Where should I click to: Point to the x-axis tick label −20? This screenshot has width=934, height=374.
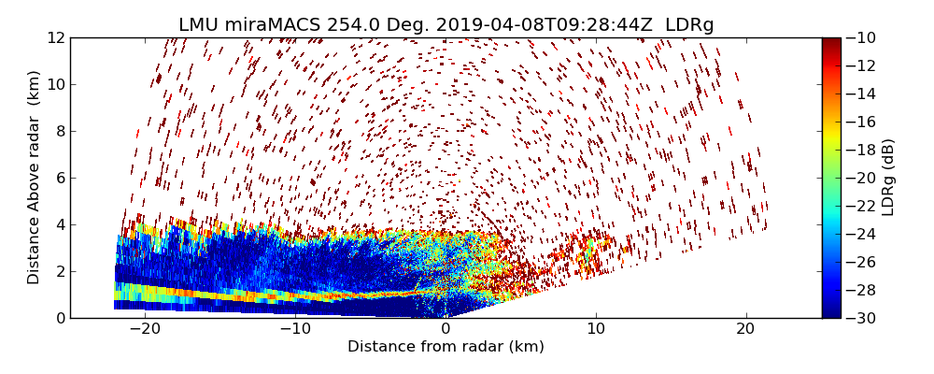(145, 329)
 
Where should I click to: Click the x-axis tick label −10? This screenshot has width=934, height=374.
(295, 329)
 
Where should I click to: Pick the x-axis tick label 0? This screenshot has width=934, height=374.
(446, 329)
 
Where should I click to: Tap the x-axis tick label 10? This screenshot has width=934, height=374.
(596, 329)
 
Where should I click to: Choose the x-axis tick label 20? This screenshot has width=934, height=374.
(745, 329)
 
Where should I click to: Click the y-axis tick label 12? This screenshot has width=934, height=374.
(56, 37)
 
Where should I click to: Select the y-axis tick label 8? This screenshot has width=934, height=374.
(60, 131)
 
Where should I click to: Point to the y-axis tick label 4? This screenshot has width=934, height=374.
(60, 224)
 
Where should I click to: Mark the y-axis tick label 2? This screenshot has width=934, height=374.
(60, 271)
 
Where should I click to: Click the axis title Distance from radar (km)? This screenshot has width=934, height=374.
(446, 347)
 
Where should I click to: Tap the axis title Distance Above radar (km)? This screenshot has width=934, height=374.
(35, 178)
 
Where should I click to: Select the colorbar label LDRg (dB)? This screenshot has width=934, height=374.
(888, 178)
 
